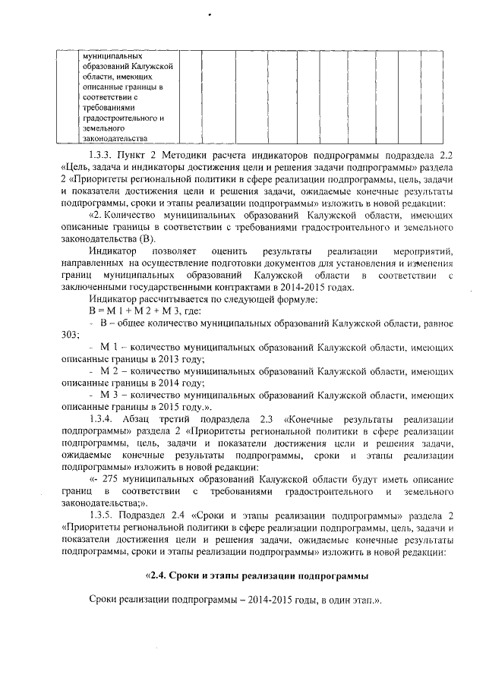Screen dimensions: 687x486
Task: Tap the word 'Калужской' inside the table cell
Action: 154,66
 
